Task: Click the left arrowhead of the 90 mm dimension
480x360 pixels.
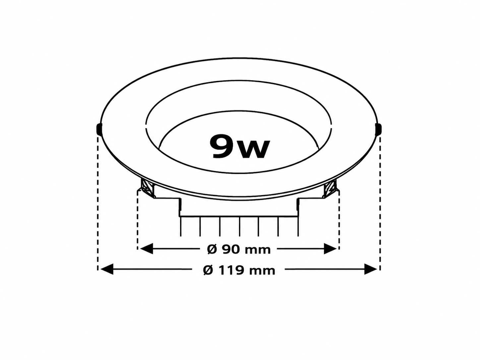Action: (146, 248)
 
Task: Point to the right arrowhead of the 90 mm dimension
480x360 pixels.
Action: (330, 248)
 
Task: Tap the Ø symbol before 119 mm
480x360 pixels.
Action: (208, 270)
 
